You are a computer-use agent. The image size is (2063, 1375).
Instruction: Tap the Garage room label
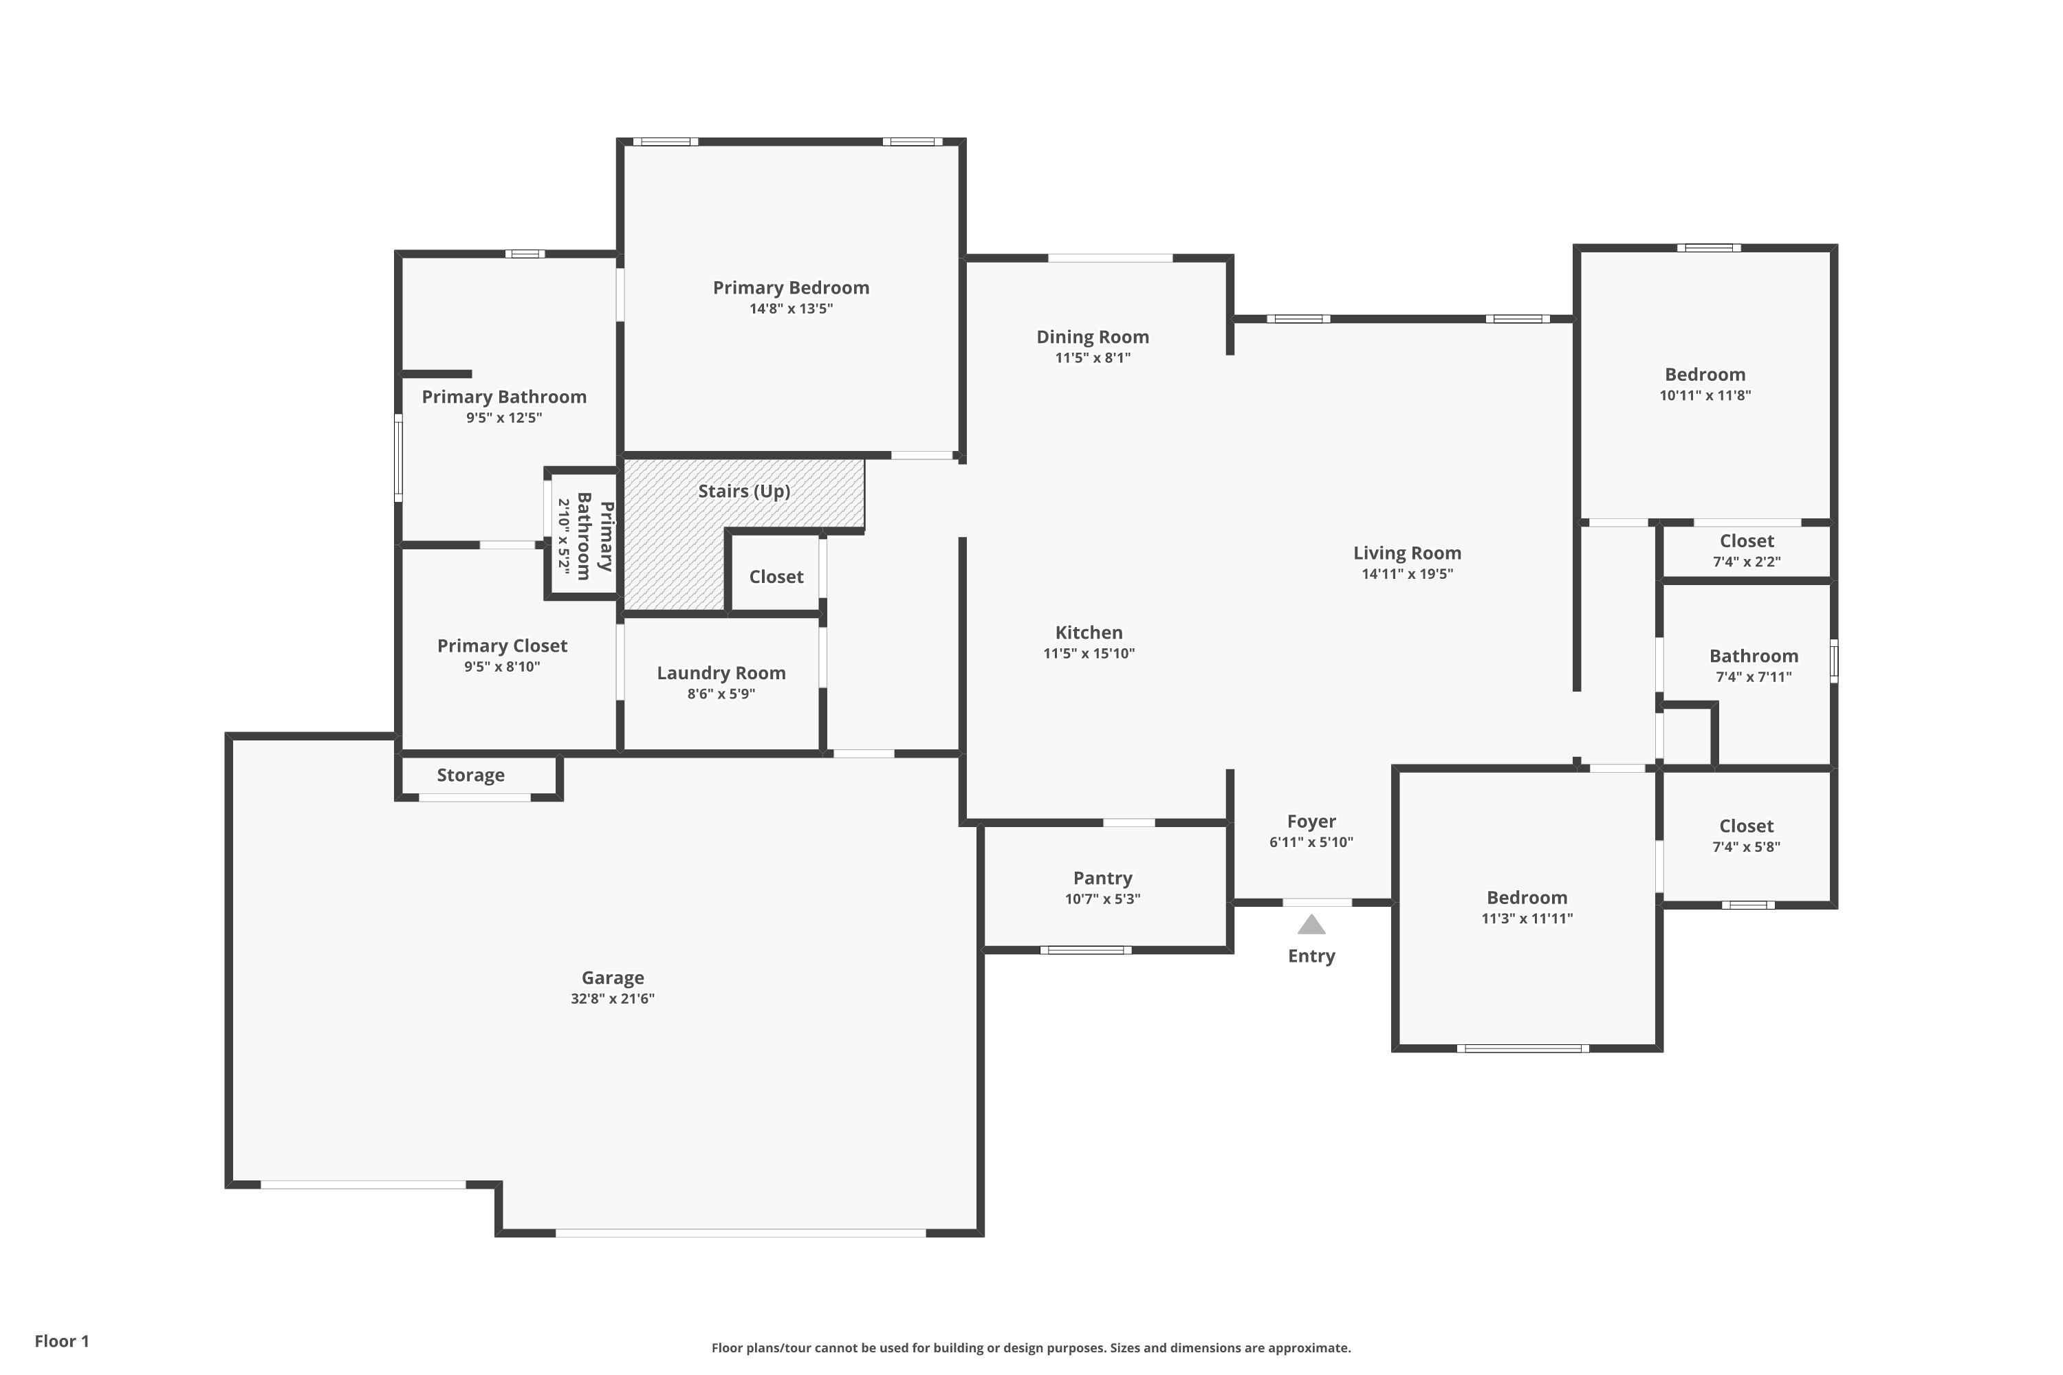[612, 977]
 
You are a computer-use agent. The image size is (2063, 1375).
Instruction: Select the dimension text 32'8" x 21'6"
[612, 998]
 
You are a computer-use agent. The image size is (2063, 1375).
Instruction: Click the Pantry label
[1102, 878]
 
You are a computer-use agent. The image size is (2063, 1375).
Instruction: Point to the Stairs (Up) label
[744, 491]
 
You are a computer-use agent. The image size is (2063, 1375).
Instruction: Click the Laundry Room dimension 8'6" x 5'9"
[721, 694]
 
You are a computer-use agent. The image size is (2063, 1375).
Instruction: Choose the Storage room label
[470, 775]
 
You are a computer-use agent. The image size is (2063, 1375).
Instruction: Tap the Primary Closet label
[502, 646]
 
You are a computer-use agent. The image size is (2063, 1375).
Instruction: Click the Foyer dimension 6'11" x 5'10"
[1311, 841]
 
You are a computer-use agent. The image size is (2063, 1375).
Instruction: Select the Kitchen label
[1089, 632]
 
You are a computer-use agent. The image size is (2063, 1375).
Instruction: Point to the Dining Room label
[1092, 337]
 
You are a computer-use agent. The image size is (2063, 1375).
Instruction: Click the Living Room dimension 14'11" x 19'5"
[1407, 573]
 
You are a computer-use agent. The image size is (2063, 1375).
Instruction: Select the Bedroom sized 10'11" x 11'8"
[1704, 375]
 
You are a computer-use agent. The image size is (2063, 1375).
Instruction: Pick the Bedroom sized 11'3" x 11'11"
[1526, 898]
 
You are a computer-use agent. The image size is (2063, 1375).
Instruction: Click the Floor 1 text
[61, 1341]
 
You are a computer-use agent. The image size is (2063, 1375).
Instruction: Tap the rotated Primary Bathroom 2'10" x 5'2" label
[584, 537]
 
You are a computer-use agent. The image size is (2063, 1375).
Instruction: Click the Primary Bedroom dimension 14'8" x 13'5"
[790, 309]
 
